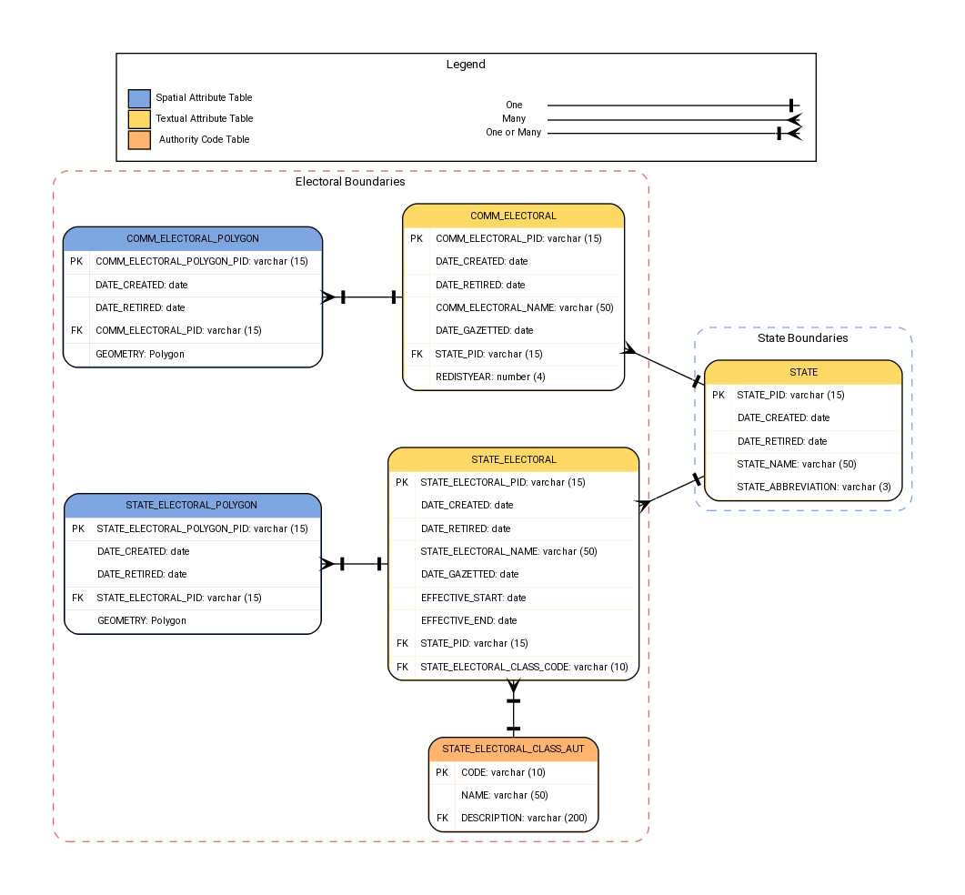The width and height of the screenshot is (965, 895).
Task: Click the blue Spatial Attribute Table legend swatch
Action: tap(139, 98)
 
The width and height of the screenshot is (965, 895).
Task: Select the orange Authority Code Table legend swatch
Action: tap(139, 140)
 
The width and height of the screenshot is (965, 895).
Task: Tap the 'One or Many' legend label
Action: tap(513, 133)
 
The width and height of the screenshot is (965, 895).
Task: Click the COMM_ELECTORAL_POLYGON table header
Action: tap(193, 239)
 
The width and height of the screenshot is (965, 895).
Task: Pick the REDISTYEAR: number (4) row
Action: tap(490, 377)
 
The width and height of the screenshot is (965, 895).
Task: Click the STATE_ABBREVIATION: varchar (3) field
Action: tap(813, 487)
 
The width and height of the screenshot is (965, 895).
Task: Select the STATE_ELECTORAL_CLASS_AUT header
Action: tap(513, 749)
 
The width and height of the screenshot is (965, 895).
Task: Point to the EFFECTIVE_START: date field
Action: tap(473, 598)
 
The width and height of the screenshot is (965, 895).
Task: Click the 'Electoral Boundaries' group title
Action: tap(350, 182)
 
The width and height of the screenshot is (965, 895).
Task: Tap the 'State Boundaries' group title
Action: tap(802, 338)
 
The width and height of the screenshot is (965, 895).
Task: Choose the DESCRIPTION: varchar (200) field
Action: tap(523, 818)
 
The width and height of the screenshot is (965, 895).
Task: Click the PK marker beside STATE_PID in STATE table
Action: tap(719, 395)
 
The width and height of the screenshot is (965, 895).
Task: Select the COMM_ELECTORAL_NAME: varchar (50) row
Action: tap(524, 307)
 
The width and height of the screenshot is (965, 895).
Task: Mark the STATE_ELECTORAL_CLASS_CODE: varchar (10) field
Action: tap(524, 667)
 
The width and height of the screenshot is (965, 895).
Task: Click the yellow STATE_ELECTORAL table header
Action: tap(513, 460)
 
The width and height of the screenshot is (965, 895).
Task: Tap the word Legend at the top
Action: tap(466, 65)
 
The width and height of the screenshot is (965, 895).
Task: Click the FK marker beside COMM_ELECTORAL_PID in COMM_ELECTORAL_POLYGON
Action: tap(76, 330)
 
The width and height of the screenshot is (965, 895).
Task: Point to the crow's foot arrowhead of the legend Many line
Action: tap(793, 119)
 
